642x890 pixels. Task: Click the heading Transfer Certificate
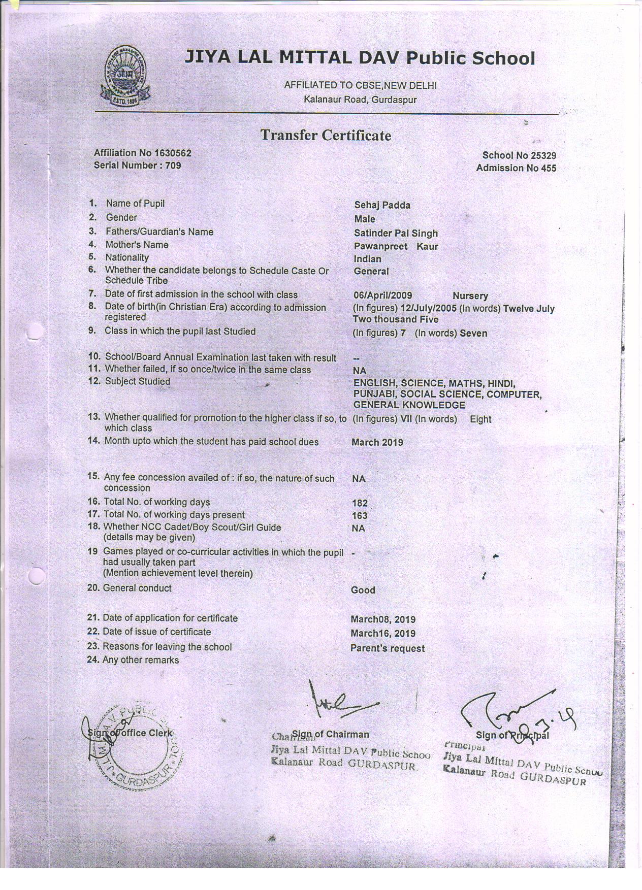(326, 136)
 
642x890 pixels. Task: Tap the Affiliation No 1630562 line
(143, 153)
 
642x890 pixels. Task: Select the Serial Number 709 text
(137, 166)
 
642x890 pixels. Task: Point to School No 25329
(519, 156)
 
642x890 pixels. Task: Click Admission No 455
(516, 168)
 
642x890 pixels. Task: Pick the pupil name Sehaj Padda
(382, 205)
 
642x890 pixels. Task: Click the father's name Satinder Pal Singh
(396, 234)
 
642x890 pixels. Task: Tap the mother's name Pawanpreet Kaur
(396, 247)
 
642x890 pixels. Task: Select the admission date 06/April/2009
(382, 295)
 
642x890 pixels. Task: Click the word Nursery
(470, 295)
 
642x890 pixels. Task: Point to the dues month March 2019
(377, 442)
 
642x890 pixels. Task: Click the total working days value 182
(360, 503)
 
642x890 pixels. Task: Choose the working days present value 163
(360, 516)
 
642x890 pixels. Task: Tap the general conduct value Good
(363, 590)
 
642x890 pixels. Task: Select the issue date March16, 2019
(383, 634)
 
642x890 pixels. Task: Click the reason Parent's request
(388, 648)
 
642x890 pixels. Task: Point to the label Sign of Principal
(512, 735)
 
